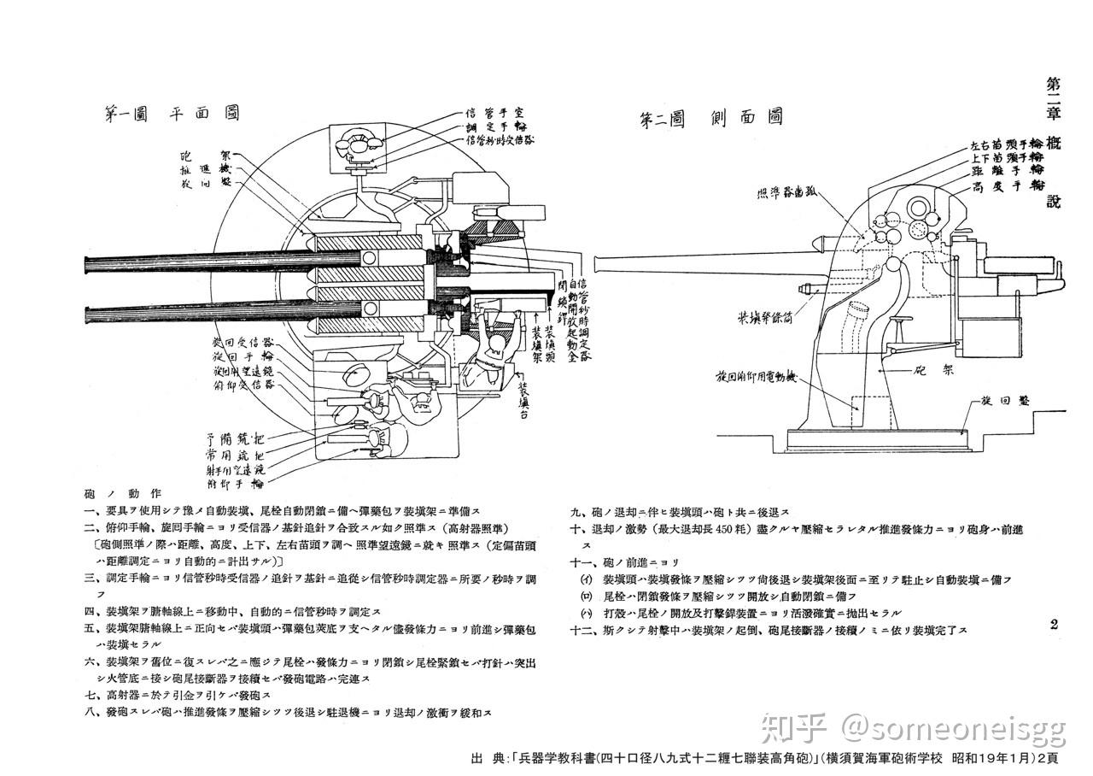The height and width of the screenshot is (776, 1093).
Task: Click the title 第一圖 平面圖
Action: pos(171,113)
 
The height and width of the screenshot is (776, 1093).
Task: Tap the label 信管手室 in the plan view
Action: pos(499,113)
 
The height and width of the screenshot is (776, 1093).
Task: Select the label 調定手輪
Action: pos(497,126)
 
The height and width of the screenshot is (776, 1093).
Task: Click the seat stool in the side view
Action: pos(902,321)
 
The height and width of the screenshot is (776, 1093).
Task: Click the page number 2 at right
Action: pos(1054,624)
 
